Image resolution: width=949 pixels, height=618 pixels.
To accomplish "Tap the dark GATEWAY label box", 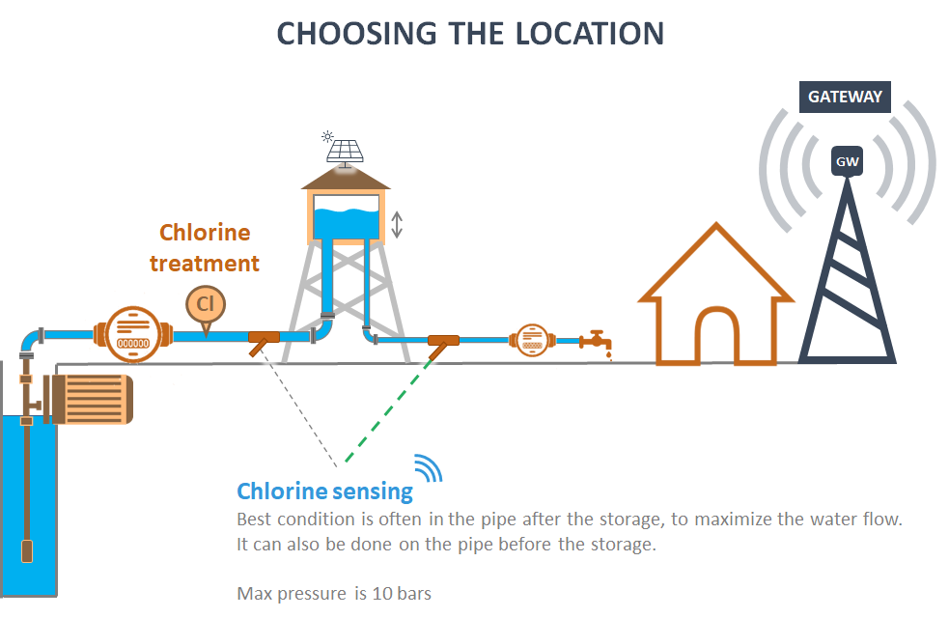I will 845,97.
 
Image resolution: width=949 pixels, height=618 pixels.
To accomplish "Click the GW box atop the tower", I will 847,161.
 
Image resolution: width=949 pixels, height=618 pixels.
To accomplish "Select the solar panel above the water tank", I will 345,150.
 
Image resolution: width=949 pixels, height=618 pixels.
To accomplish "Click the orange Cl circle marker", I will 205,304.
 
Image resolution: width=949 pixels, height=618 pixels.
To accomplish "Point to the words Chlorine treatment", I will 205,247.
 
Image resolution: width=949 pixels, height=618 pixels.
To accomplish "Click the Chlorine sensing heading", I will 324,491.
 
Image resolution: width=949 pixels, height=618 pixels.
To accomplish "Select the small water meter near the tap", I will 530,339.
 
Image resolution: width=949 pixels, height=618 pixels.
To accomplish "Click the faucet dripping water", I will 596,341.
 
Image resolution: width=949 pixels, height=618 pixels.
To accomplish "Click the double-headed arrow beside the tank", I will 396,225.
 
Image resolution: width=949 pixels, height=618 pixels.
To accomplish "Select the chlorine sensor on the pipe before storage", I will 263,339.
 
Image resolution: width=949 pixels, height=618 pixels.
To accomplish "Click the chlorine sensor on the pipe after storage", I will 442,341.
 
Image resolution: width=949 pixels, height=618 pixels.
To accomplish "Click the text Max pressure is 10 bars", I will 334,592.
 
